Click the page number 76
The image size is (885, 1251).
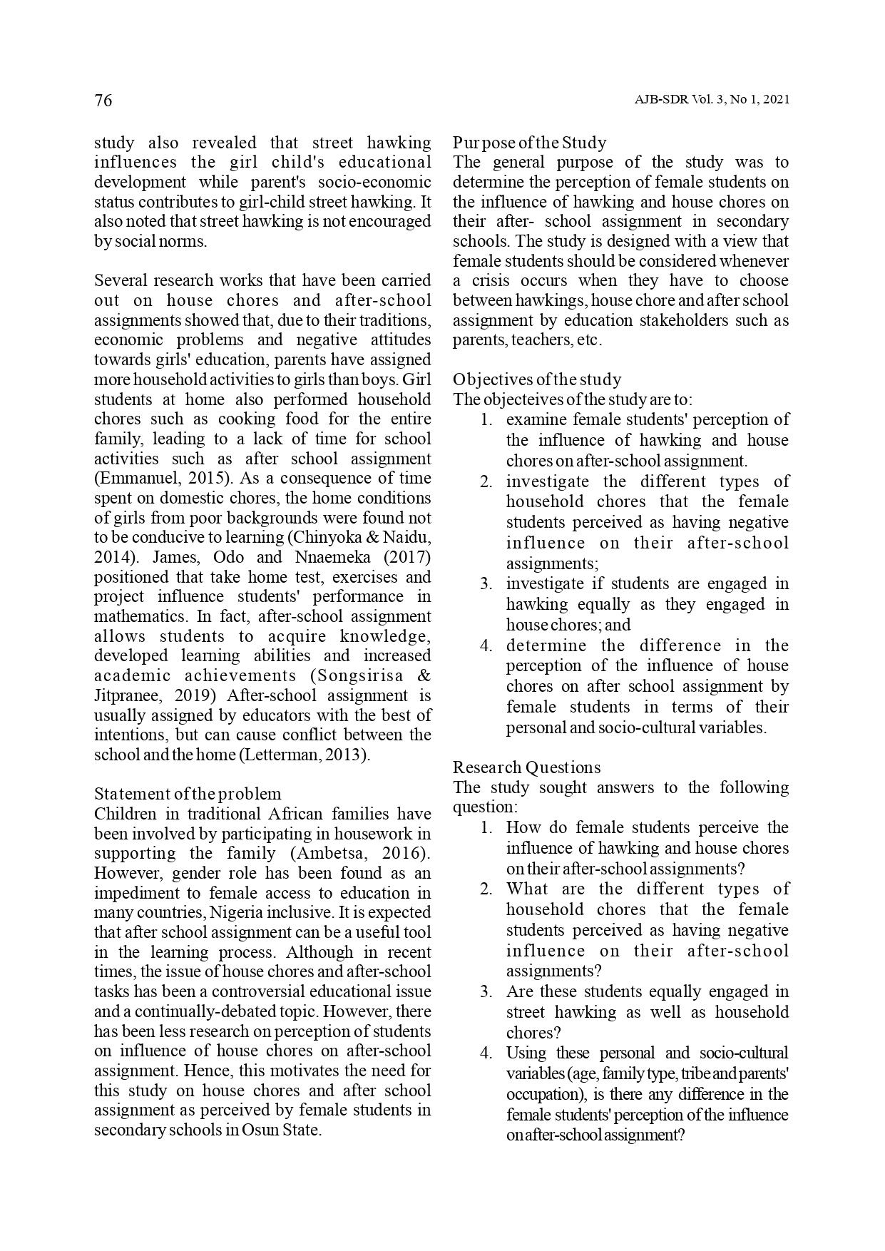coord(103,101)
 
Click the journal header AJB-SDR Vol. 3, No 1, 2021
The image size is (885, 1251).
coord(712,101)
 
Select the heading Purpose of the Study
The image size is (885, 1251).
coord(529,143)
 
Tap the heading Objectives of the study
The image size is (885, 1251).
coord(537,379)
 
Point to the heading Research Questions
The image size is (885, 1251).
coord(526,767)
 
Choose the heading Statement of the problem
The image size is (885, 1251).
coord(188,794)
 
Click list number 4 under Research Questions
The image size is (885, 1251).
coord(486,1053)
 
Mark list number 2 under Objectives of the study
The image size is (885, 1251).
coord(486,482)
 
